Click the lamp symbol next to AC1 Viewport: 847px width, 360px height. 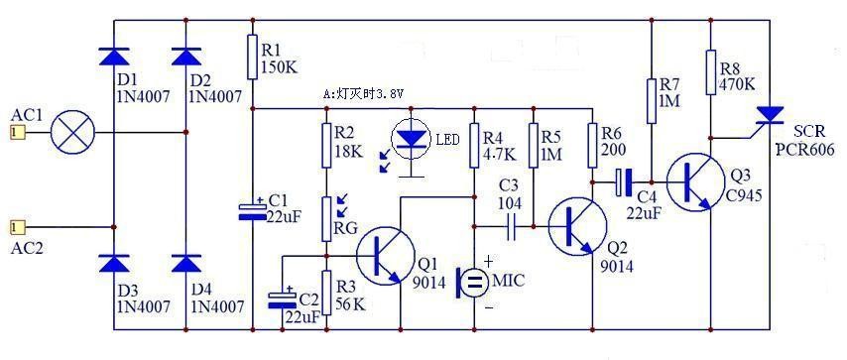click(x=68, y=131)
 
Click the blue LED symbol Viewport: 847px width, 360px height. click(x=411, y=139)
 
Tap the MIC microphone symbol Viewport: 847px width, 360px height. click(x=474, y=282)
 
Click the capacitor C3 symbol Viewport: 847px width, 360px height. click(x=512, y=230)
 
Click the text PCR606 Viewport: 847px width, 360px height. click(x=806, y=150)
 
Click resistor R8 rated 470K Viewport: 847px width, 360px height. click(x=711, y=72)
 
